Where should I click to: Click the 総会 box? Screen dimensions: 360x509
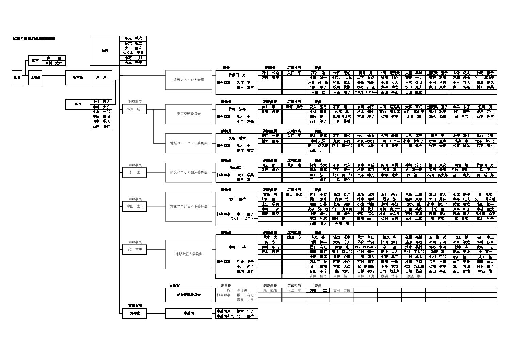(17, 78)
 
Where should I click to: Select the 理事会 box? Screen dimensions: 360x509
(35, 78)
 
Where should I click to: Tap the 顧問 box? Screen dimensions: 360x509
(105, 51)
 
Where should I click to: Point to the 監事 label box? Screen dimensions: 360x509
(35, 60)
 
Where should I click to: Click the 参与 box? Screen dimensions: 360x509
(78, 104)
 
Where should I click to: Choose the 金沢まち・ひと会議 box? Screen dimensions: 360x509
(188, 80)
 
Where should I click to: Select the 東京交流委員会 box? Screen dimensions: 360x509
(188, 114)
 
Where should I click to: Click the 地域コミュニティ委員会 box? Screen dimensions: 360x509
(188, 143)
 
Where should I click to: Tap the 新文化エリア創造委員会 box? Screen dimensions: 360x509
(188, 173)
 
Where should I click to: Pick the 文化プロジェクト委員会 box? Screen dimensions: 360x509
(188, 207)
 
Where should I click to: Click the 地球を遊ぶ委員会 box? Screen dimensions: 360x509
(188, 254)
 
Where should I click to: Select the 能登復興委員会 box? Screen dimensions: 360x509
(188, 295)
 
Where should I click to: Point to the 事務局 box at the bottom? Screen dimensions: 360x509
(188, 313)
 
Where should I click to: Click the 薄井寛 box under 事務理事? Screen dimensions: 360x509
(134, 313)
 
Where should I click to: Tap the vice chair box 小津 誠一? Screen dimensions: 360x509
(134, 109)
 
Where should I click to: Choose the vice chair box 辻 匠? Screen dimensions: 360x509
(134, 173)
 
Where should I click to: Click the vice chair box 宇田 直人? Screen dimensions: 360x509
(134, 207)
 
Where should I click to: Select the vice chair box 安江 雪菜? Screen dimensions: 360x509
(134, 249)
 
